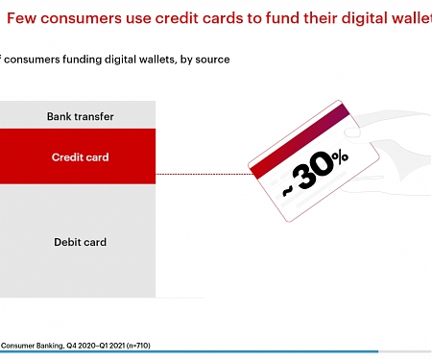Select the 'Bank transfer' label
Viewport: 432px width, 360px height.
81,116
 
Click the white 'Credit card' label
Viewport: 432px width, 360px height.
81,156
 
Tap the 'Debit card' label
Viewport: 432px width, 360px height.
81,242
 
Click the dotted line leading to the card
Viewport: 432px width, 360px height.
202,174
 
